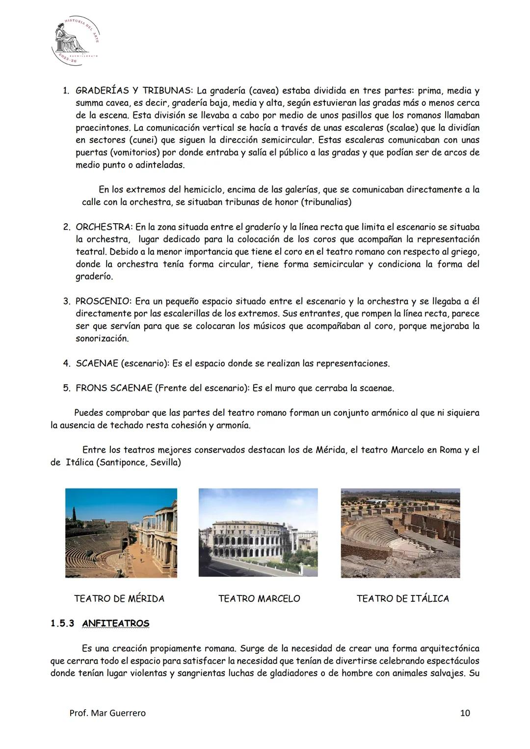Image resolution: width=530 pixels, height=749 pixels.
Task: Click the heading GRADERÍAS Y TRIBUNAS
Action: pos(134,91)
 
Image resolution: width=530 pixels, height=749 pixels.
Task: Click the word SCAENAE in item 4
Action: pos(96,363)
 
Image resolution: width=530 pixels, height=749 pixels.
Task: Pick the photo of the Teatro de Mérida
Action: pos(121,533)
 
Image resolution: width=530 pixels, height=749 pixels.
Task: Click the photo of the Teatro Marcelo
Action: pos(258,533)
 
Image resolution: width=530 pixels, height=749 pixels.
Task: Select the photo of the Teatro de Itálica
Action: pos(400,533)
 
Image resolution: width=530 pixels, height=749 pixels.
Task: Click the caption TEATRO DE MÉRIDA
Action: pos(119,598)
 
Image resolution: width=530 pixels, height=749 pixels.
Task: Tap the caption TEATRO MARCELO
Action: pos(259,598)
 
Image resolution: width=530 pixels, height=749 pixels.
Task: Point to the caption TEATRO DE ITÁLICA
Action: pos(402,598)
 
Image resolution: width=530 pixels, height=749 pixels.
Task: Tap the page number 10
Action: pos(465,713)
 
